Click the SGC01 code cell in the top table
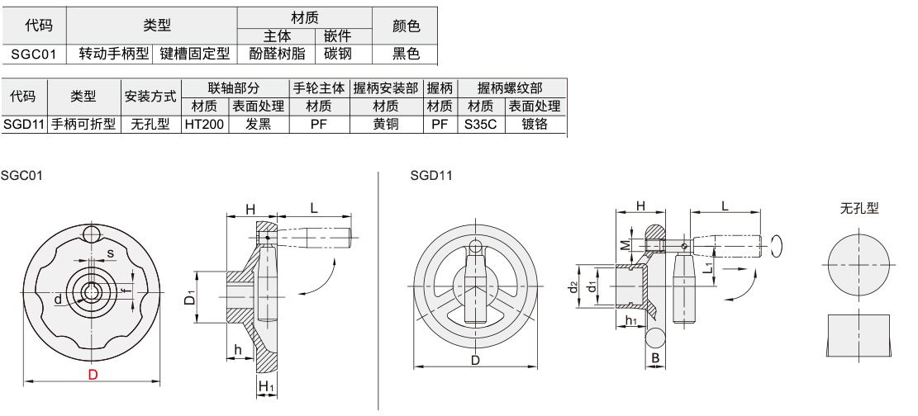point(33,54)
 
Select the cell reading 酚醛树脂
point(277,54)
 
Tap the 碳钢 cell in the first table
point(338,54)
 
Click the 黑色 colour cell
point(406,54)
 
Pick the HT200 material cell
point(204,124)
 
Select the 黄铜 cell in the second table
point(386,124)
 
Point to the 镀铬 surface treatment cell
point(535,124)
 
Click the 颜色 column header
point(406,26)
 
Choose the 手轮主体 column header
point(319,87)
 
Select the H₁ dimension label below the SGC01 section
point(265,387)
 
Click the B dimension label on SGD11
point(655,358)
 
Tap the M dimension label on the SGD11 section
point(625,245)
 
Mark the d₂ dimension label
point(573,286)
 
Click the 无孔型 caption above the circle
point(859,208)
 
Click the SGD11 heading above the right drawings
point(430,175)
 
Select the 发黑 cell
point(258,124)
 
